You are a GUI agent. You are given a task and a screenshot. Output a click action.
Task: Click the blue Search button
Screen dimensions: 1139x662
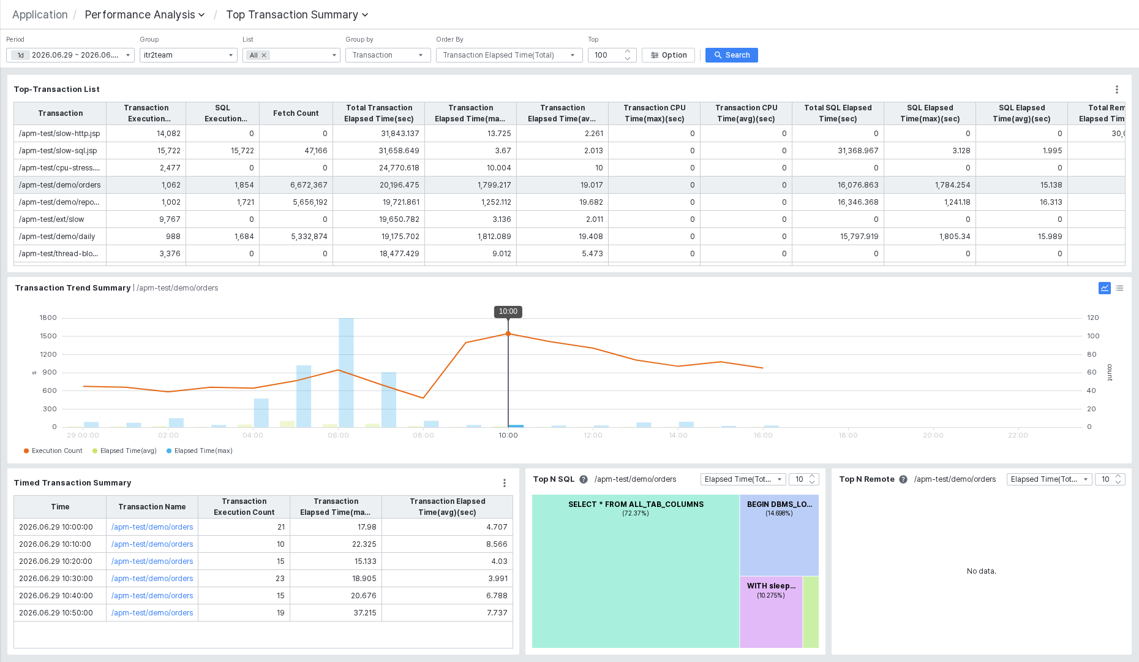pyautogui.click(x=731, y=55)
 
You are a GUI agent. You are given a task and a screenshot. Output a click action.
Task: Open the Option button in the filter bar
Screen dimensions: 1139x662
pyautogui.click(x=668, y=55)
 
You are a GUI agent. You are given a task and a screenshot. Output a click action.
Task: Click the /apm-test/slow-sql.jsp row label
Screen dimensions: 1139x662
pyautogui.click(x=58, y=150)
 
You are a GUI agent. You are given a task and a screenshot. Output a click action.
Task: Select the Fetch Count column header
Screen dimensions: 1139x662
pyautogui.click(x=296, y=113)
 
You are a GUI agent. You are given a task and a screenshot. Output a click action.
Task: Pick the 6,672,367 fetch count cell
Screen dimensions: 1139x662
pyautogui.click(x=309, y=185)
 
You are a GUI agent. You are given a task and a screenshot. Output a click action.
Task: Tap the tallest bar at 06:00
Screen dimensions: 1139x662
pyautogui.click(x=346, y=373)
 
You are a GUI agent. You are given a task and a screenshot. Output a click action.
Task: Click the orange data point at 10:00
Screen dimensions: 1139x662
pyautogui.click(x=508, y=333)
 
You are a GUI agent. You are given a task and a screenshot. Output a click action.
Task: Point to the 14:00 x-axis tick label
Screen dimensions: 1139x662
pyautogui.click(x=678, y=435)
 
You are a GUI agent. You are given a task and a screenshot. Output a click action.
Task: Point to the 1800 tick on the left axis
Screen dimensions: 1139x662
pyautogui.click(x=48, y=318)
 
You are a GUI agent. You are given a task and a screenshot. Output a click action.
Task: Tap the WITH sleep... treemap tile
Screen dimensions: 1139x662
pyautogui.click(x=771, y=612)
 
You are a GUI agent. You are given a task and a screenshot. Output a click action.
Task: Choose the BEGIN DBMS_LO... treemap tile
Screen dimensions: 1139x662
pyautogui.click(x=780, y=535)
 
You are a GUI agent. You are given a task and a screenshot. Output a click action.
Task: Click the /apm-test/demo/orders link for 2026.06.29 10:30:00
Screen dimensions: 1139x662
pyautogui.click(x=152, y=578)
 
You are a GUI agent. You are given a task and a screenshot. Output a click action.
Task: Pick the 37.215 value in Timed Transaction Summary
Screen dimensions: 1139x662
pyautogui.click(x=365, y=612)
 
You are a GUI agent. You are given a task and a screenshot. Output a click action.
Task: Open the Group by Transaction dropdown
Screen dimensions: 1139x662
pyautogui.click(x=388, y=55)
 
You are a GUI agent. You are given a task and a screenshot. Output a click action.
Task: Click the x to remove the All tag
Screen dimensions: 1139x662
pyautogui.click(x=264, y=55)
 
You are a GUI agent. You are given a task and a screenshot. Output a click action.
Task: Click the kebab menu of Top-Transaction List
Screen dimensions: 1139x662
pyautogui.click(x=1117, y=89)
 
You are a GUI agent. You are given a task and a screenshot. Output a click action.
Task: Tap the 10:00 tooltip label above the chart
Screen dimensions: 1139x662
pyautogui.click(x=508, y=311)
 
